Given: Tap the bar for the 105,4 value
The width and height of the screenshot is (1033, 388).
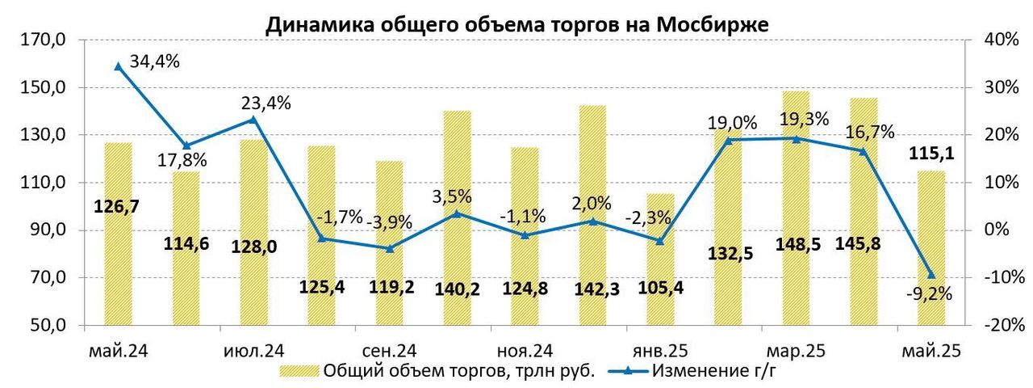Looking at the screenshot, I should [660, 259].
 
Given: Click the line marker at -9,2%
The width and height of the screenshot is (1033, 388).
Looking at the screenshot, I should [931, 275].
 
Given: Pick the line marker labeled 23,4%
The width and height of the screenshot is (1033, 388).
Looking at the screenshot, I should [253, 120].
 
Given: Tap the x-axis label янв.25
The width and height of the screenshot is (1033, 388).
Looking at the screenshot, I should [659, 352].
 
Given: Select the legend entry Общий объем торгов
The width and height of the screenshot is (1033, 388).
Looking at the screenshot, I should [458, 371].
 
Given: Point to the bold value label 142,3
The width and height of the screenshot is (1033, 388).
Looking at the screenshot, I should [593, 287].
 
